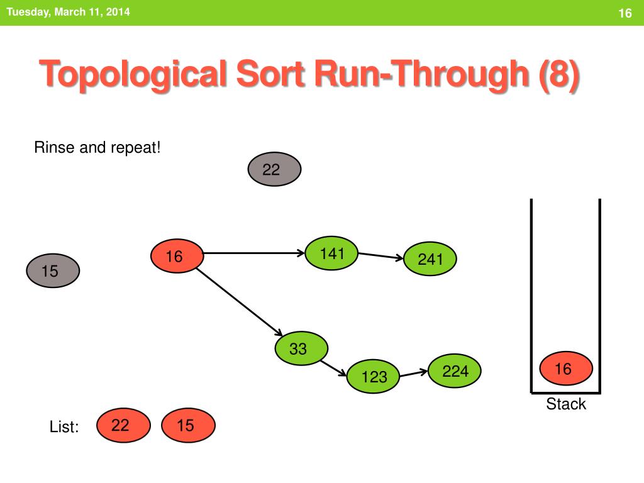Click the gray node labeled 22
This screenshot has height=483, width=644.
(274, 170)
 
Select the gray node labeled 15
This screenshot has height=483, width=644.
(53, 272)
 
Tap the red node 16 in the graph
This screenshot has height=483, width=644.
(177, 257)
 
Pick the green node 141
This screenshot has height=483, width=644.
(331, 253)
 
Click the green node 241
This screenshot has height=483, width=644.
(430, 259)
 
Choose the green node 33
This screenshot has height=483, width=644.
(301, 348)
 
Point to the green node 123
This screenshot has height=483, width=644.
(374, 377)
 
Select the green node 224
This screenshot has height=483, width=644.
(455, 372)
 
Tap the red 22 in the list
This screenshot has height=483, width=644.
(123, 426)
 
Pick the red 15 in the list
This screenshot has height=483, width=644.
(188, 426)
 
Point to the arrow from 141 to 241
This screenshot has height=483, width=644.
(380, 256)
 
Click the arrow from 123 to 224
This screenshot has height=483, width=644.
(414, 373)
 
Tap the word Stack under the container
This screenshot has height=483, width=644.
(566, 404)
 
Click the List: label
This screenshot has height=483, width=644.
(64, 427)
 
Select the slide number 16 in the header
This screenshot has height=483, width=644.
(625, 14)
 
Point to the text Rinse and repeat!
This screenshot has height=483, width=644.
(97, 148)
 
